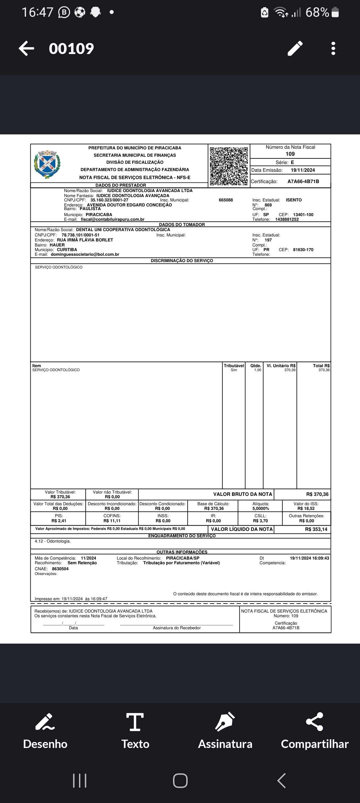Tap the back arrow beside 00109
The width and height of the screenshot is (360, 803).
pos(27,48)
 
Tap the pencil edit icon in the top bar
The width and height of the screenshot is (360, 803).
pos(295,48)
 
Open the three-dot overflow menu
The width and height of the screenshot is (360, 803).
pos(333,48)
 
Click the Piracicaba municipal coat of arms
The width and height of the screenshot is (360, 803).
pos(47,164)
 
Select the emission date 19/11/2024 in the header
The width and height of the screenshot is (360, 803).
pos(303,170)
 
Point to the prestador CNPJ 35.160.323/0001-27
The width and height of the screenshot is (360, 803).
pos(109,200)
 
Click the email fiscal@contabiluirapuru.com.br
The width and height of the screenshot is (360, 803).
pos(113,219)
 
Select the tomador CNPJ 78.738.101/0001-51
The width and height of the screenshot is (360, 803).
pos(80,235)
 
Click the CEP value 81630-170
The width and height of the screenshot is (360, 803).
pos(303,250)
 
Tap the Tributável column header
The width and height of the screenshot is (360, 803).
pos(234,366)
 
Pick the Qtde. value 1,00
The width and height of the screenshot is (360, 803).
pos(258,370)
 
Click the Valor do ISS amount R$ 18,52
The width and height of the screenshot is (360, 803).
pos(306,509)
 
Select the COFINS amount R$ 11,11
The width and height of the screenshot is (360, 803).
pos(112,521)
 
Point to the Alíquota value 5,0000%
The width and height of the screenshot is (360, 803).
pos(261,509)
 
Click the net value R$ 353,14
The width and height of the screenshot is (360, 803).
pos(316,529)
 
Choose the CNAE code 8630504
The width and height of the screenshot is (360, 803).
pos(60,569)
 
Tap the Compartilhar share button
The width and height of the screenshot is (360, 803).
pos(315,731)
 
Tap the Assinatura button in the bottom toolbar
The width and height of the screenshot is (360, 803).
pos(225,731)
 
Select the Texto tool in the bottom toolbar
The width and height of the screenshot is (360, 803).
pos(135,731)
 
